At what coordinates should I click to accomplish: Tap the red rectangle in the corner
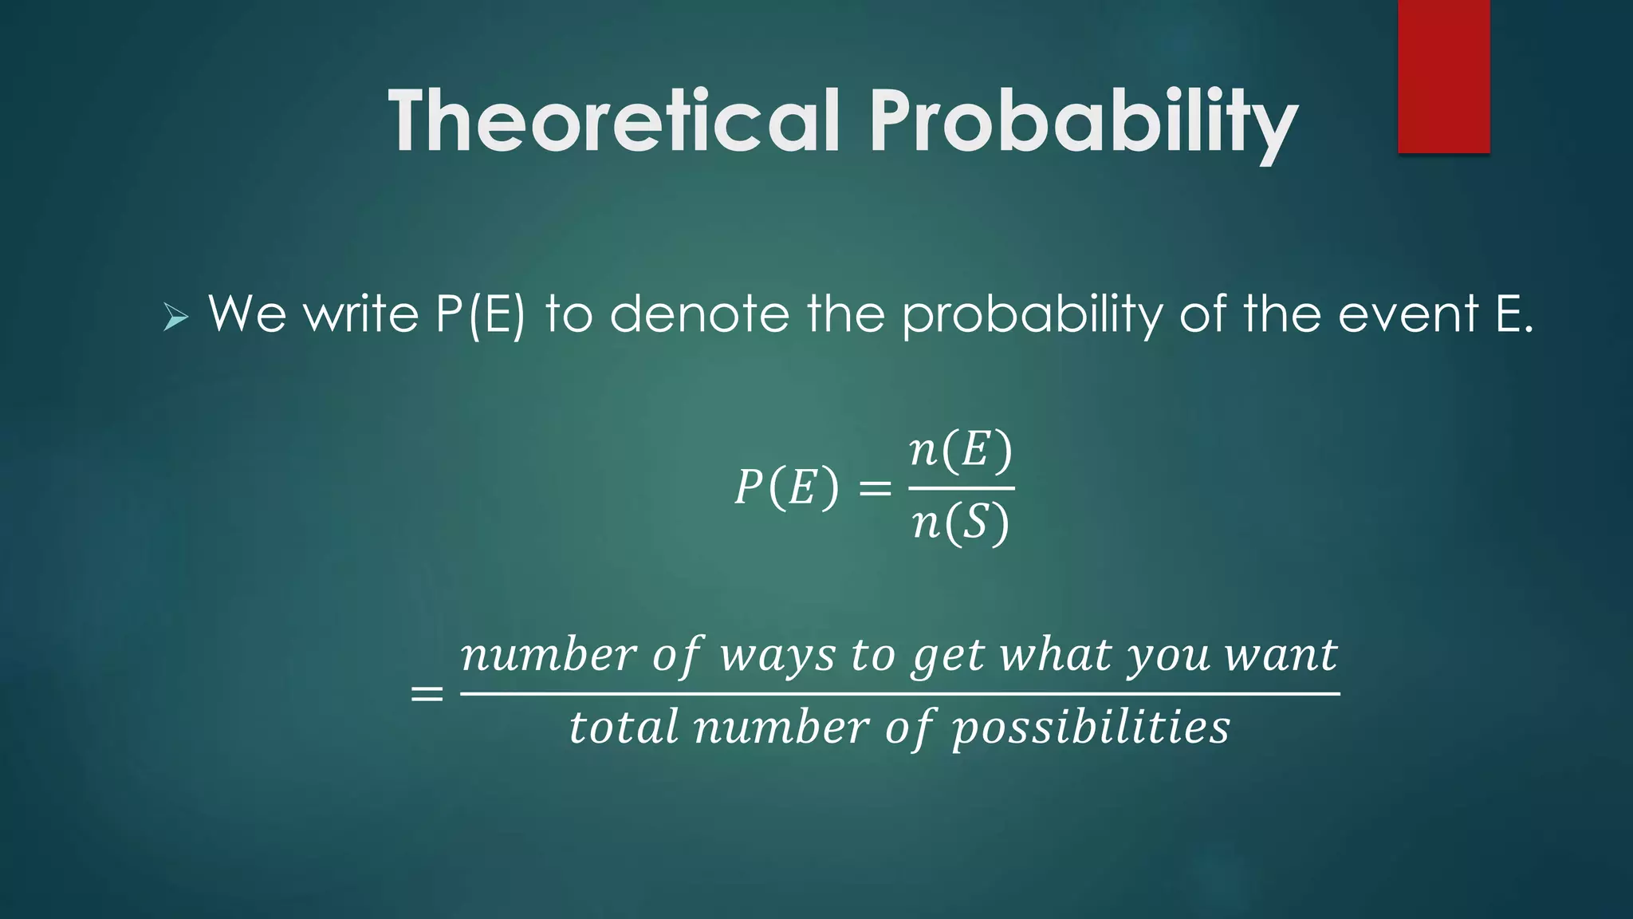coord(1443,76)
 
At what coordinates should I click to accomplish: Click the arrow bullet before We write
coord(175,318)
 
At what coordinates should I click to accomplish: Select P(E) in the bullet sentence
coord(481,314)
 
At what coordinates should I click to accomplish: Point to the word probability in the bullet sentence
coord(1033,314)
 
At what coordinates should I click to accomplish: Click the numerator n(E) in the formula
coord(961,451)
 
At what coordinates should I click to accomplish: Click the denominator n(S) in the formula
coord(961,524)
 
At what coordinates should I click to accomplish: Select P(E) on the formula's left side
coord(786,487)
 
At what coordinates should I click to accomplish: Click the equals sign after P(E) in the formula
coord(875,487)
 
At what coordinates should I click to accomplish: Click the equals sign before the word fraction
coord(427,694)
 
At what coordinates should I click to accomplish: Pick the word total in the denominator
coord(623,728)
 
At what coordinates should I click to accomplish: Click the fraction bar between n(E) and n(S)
coord(961,488)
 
